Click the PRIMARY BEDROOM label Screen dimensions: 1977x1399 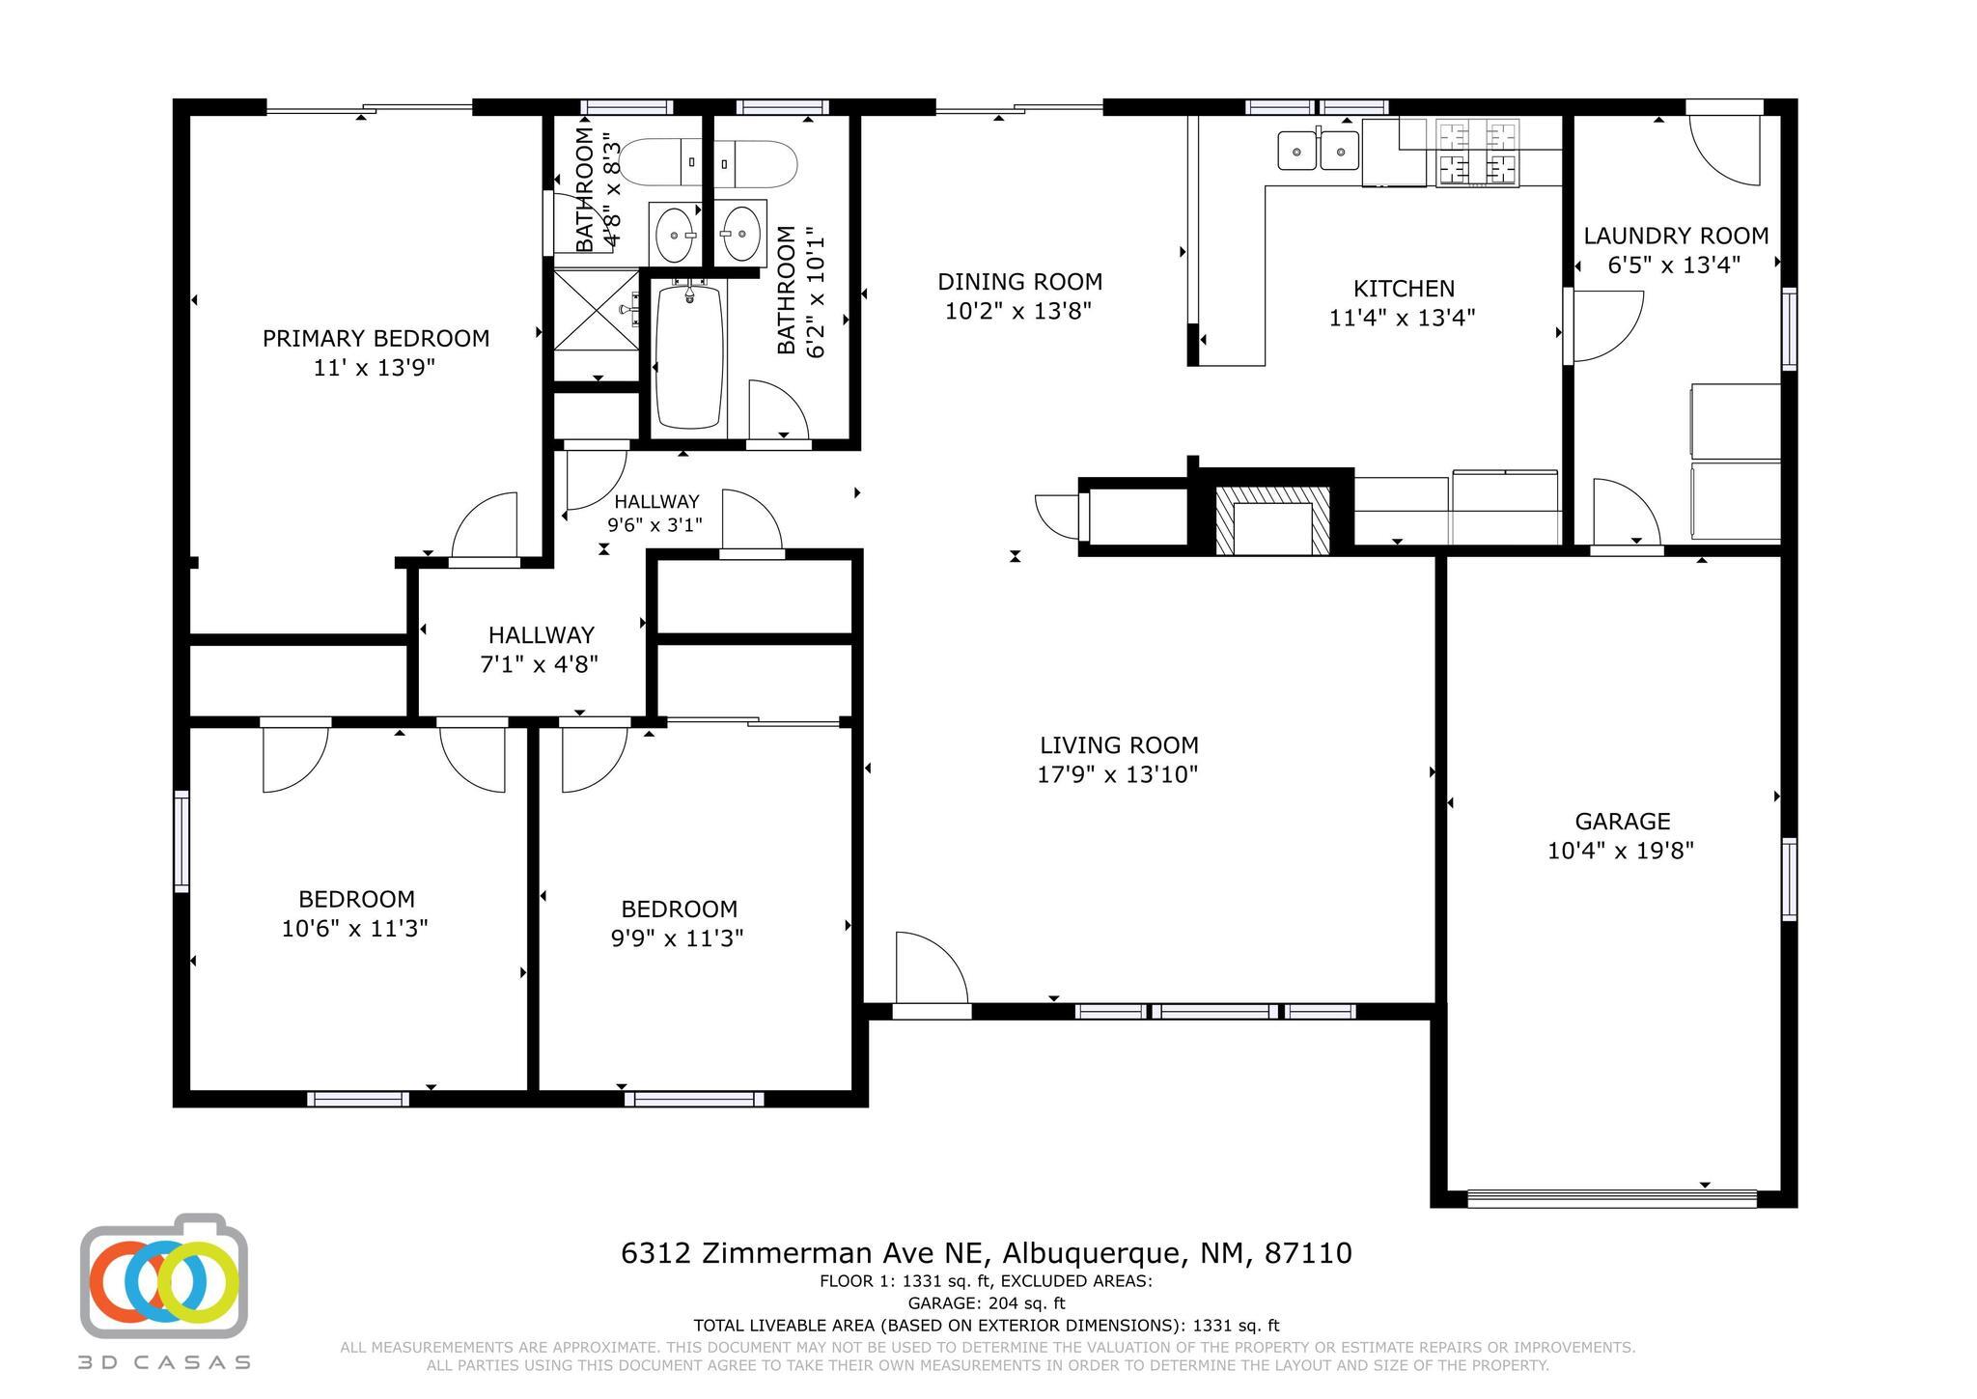(x=376, y=339)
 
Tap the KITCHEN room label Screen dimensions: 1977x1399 (x=1404, y=289)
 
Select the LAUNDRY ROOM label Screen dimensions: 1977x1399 (x=1676, y=236)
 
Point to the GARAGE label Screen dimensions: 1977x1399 (x=1622, y=822)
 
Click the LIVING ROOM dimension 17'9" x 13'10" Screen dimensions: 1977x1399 (x=1118, y=774)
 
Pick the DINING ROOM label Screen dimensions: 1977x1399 (x=1019, y=282)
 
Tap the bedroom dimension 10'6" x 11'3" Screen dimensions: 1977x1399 (x=355, y=929)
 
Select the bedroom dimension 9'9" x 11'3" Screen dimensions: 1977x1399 (x=678, y=938)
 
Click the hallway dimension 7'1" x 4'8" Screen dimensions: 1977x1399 (x=540, y=664)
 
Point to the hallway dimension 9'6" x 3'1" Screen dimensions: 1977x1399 (x=654, y=525)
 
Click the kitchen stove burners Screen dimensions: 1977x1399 (x=1477, y=153)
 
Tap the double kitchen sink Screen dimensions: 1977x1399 (x=1319, y=151)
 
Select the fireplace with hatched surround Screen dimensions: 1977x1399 (x=1272, y=520)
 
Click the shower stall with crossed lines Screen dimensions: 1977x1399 (x=596, y=312)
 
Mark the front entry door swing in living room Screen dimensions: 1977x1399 (x=932, y=967)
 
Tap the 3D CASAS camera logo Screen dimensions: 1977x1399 (x=164, y=1276)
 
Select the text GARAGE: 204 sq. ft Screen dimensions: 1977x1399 (x=987, y=1303)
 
